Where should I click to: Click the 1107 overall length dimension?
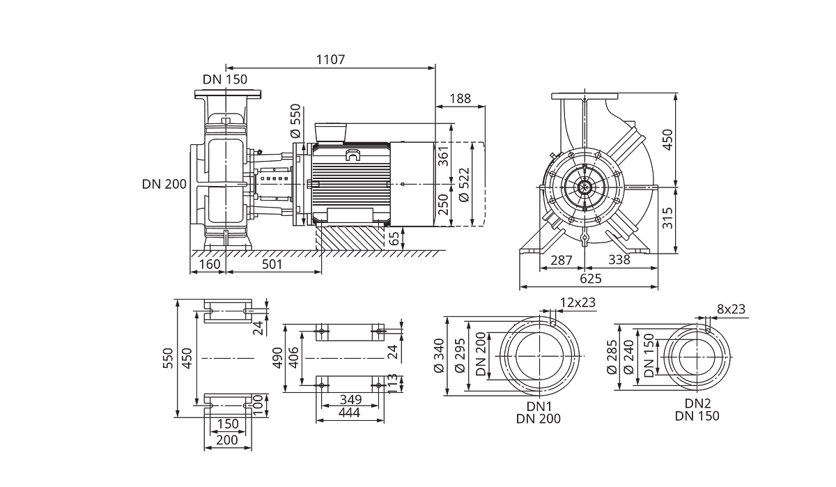click(331, 59)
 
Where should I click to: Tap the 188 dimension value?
click(460, 98)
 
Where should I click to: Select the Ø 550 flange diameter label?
click(295, 121)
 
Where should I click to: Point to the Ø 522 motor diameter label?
click(464, 185)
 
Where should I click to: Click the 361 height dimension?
click(443, 156)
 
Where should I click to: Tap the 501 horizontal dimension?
click(272, 264)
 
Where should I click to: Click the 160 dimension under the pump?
click(210, 264)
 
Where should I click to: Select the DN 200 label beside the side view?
click(164, 184)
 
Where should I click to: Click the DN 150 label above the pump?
click(225, 79)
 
